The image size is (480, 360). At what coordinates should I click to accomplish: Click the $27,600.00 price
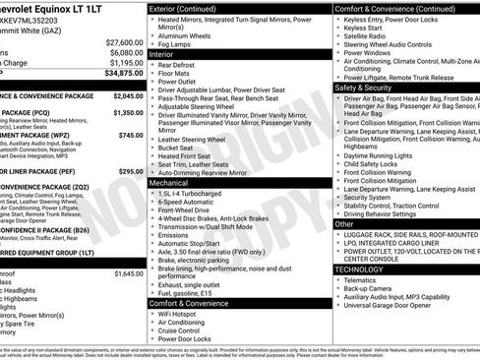(x=124, y=43)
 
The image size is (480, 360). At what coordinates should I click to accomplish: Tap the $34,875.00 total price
(x=124, y=73)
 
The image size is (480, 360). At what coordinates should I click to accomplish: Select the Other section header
(x=344, y=224)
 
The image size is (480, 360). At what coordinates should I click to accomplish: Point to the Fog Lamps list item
(x=175, y=45)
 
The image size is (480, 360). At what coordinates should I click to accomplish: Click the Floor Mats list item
(x=175, y=77)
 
